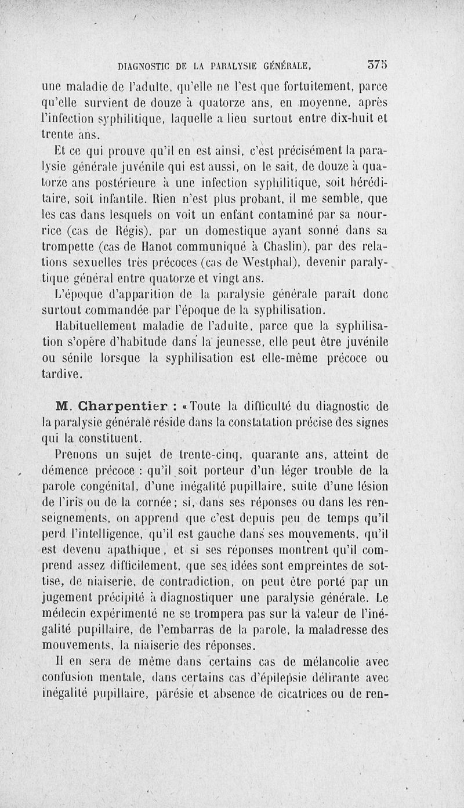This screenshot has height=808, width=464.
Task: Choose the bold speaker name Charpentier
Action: click(x=115, y=406)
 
